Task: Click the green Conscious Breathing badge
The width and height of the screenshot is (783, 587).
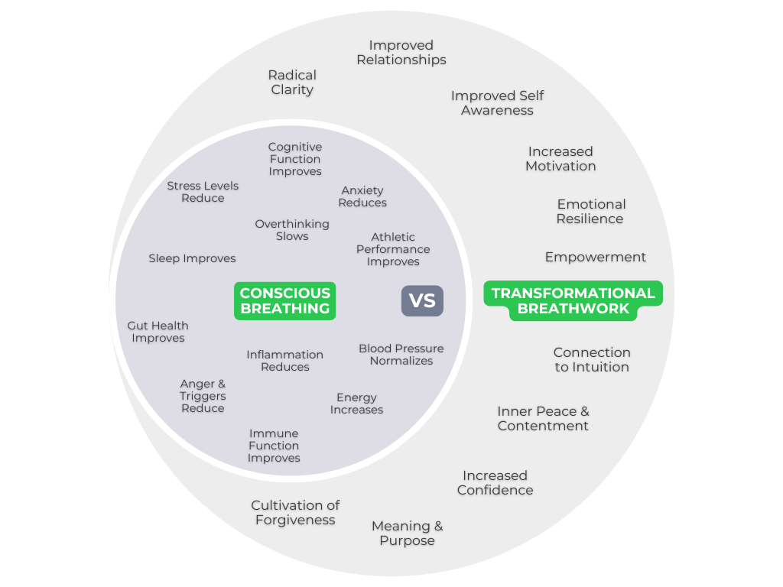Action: tap(284, 301)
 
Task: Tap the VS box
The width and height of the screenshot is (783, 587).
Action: tap(422, 301)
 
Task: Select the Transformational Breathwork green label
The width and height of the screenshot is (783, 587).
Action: tap(573, 301)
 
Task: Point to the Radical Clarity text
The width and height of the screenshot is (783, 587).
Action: tap(292, 83)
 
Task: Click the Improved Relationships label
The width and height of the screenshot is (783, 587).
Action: tap(401, 53)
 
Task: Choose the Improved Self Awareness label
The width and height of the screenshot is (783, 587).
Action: tap(497, 103)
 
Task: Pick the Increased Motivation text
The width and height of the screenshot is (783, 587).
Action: tap(560, 159)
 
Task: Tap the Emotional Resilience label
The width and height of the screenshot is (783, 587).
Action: tap(590, 212)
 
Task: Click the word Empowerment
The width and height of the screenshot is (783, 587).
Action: tap(595, 257)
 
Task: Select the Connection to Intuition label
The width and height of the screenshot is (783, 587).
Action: tap(592, 360)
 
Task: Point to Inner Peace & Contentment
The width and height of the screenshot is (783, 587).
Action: tap(543, 419)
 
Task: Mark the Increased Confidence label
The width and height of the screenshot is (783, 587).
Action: tap(495, 483)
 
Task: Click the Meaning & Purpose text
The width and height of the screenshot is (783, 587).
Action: tap(407, 533)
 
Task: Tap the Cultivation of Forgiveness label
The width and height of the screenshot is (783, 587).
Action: tap(295, 513)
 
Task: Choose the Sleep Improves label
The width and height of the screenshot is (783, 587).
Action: tap(192, 258)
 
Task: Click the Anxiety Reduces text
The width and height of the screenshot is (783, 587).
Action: tap(362, 196)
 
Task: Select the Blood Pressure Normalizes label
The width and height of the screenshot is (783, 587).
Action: tap(401, 355)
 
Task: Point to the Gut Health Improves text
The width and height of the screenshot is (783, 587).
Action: tap(158, 332)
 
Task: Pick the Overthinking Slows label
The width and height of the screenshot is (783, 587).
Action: tap(292, 230)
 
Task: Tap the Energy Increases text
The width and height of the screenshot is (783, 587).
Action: tap(356, 404)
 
